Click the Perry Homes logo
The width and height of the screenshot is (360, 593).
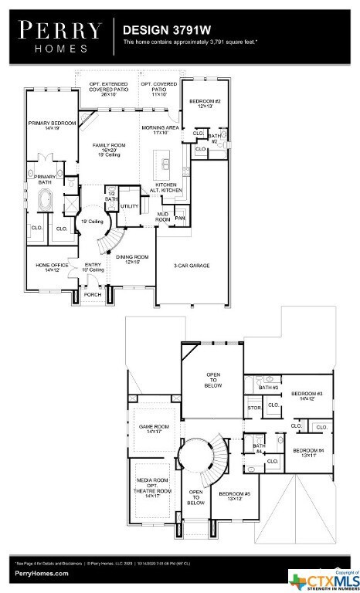pyautogui.click(x=59, y=35)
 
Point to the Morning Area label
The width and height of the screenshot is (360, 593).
pyautogui.click(x=160, y=130)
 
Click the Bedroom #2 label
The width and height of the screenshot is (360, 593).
pyautogui.click(x=205, y=103)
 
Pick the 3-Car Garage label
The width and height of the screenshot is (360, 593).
pyautogui.click(x=192, y=265)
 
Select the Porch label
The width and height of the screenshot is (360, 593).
pyautogui.click(x=93, y=294)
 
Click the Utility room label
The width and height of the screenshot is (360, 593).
pyautogui.click(x=129, y=207)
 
